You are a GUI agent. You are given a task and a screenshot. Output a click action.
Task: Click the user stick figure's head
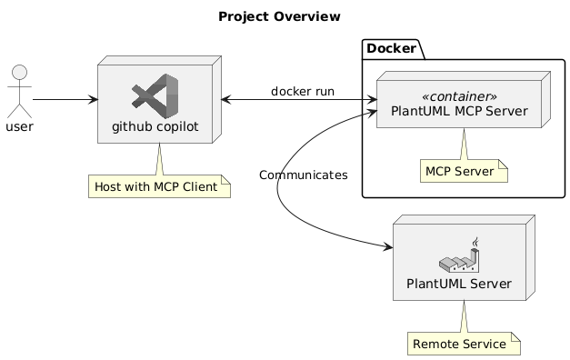coord(19,73)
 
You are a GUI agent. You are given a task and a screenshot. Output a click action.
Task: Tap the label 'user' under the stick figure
coord(19,125)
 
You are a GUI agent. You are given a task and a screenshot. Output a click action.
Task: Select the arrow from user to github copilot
coord(64,98)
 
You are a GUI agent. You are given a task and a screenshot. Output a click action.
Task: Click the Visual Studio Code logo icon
coord(155,97)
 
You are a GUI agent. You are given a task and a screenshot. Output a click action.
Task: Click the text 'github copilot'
coord(156,125)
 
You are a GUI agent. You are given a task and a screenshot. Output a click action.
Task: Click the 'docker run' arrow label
coord(302,91)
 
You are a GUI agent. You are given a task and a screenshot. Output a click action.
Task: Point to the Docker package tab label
coord(393,47)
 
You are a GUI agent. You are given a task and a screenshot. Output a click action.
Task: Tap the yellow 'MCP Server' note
coord(462,171)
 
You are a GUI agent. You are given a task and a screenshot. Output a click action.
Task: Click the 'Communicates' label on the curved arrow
coord(302,175)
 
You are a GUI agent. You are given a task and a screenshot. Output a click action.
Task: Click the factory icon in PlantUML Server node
coord(459,255)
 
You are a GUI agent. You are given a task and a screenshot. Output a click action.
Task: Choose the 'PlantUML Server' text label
coord(459,284)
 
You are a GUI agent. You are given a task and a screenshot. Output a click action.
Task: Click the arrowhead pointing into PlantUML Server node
coord(387,246)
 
